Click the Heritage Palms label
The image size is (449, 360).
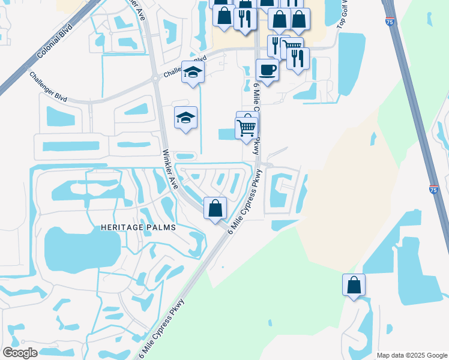pos(135,227)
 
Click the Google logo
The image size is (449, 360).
pos(20,353)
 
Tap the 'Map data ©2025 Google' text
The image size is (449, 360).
pos(411,355)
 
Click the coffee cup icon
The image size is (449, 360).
pos(267,70)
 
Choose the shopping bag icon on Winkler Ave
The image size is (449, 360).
pos(215,209)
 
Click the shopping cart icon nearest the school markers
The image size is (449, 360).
pos(246,127)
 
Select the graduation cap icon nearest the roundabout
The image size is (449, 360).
pos(193,72)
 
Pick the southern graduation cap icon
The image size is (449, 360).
pos(185,118)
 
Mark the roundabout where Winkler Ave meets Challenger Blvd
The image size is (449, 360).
pos(155,77)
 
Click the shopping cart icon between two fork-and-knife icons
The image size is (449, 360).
pos(291,46)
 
